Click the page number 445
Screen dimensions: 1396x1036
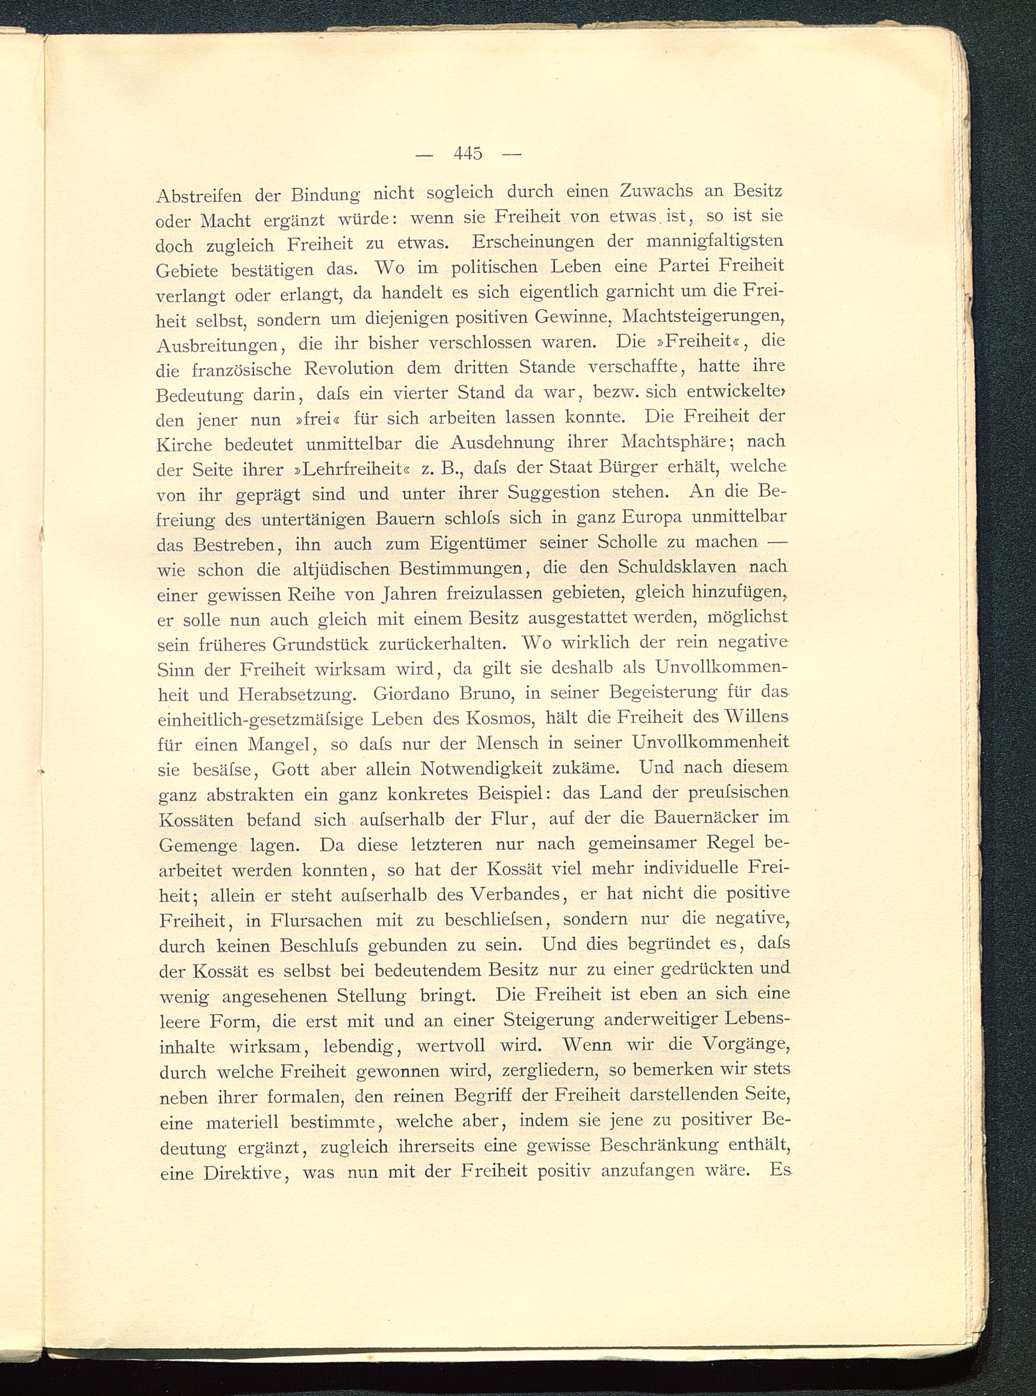(x=468, y=154)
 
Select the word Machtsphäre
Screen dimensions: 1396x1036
(x=673, y=442)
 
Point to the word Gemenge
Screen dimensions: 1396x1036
(x=197, y=846)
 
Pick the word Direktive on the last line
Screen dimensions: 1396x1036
(x=245, y=1173)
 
